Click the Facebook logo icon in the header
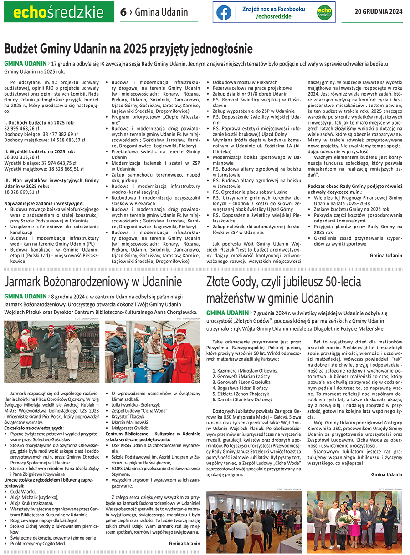[223, 12]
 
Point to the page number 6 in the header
[123, 12]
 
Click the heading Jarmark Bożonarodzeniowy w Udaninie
[93, 281]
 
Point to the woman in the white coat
[73, 350]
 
